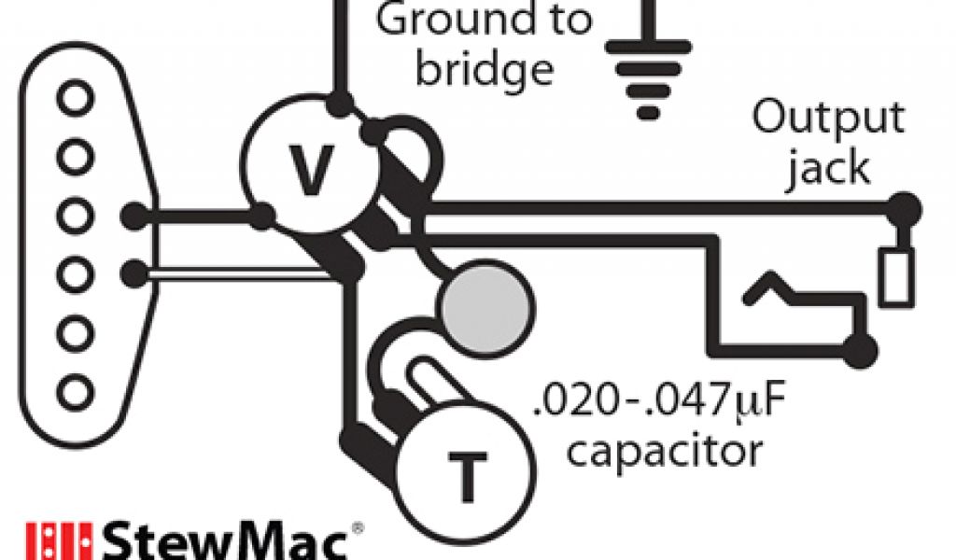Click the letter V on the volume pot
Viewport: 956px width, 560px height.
click(308, 172)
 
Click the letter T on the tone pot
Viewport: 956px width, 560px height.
click(466, 478)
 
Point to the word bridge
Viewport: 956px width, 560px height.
click(484, 70)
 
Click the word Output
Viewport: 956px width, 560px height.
click(828, 119)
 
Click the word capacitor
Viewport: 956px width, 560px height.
click(664, 451)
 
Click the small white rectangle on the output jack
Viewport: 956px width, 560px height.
click(895, 277)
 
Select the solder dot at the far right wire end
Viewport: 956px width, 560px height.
click(903, 207)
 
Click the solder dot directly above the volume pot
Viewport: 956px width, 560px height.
click(342, 102)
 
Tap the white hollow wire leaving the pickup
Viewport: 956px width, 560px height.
click(233, 273)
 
